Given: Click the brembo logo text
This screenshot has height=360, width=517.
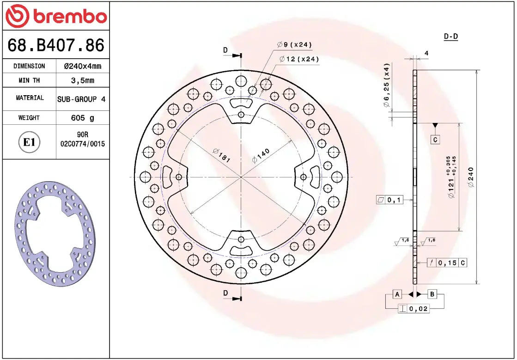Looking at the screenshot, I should point(69,17).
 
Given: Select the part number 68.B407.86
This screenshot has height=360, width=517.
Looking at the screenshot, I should point(56,45).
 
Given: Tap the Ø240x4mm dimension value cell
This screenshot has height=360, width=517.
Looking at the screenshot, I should point(82,66).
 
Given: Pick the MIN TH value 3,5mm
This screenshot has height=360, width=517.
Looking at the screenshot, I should point(82,80).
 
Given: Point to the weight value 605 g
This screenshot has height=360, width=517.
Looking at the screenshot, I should point(82,118).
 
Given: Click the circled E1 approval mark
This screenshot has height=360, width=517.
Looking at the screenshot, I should point(30,142).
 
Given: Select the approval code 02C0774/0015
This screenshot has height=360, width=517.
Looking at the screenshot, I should point(83,144).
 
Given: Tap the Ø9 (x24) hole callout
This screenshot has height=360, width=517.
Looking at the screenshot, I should point(294,45).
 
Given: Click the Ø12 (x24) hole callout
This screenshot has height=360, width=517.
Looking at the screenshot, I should point(299,59).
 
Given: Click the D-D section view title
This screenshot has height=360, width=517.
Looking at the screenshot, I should point(450,37).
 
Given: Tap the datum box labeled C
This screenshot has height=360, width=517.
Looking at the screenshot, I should point(435,139).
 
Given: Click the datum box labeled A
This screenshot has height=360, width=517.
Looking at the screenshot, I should point(397,294).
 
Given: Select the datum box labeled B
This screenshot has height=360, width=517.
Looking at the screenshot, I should point(432,294).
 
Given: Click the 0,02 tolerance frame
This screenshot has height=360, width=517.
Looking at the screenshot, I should point(414,309).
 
